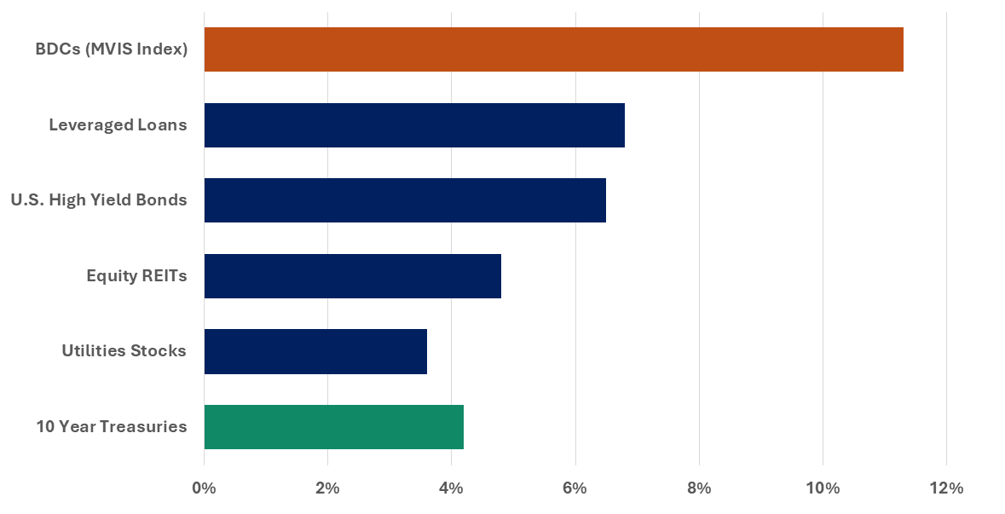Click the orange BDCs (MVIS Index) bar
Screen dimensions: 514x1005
[x=553, y=49]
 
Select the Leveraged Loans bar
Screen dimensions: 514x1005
[x=414, y=125]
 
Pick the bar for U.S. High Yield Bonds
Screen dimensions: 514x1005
[x=405, y=200]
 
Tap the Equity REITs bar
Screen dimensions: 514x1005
[x=353, y=275]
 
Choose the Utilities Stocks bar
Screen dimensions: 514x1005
[x=315, y=351]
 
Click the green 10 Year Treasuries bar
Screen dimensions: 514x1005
[x=334, y=426]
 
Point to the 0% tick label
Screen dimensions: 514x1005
[x=204, y=488]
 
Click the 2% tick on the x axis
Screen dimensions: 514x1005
[x=327, y=488]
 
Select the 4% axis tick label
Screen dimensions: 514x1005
[x=451, y=488]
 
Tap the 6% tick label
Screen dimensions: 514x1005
[x=575, y=488]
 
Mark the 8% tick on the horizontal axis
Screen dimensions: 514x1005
[x=699, y=488]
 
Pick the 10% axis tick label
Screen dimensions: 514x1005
[x=823, y=488]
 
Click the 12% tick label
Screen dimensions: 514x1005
[x=946, y=488]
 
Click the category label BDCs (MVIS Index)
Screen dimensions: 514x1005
[x=111, y=49]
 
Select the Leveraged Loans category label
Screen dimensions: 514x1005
[x=118, y=125]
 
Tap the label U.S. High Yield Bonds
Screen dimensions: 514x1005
[x=99, y=200]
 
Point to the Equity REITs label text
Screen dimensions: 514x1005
[x=136, y=275]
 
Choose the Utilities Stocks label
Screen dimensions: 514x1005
[x=124, y=351]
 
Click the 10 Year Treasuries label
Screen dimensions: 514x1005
[x=111, y=426]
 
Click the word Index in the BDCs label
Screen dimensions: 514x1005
[x=162, y=49]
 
